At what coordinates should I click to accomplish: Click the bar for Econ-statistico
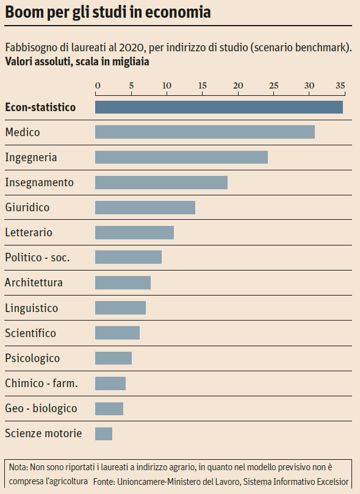(x=218, y=107)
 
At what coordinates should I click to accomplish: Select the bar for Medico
(x=204, y=132)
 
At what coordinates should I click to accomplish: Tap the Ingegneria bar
(x=181, y=157)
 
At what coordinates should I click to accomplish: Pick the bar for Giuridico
(x=145, y=207)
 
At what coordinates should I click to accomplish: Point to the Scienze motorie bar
(x=104, y=434)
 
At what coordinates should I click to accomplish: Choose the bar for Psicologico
(x=113, y=358)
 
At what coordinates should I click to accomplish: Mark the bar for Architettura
(x=123, y=283)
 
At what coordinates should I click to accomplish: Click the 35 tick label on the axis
(x=340, y=85)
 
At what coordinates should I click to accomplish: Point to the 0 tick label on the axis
(x=97, y=85)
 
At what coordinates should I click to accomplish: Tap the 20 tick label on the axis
(x=238, y=85)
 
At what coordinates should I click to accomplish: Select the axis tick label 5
(x=131, y=85)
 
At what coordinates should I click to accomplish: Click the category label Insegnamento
(x=39, y=182)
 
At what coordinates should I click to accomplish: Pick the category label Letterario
(x=29, y=233)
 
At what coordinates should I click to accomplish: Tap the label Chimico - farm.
(x=41, y=383)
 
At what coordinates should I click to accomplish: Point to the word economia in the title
(x=178, y=13)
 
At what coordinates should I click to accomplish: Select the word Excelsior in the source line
(x=329, y=481)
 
